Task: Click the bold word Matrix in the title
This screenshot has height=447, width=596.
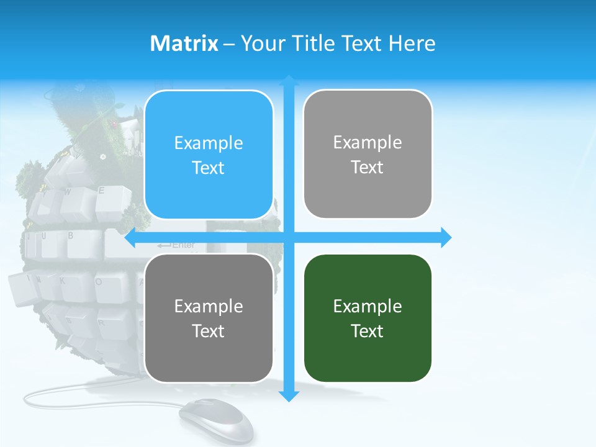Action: [184, 43]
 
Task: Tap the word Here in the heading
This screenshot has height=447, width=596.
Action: [412, 43]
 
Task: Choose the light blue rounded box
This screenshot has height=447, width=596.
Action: [209, 155]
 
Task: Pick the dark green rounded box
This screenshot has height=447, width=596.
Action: [368, 318]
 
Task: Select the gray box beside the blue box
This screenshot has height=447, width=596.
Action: [368, 154]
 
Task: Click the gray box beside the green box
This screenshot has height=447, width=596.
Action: [209, 318]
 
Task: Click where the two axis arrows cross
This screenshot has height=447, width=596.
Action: [288, 237]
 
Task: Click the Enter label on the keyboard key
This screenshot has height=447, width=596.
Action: [183, 245]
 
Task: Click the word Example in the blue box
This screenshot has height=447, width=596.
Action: [209, 143]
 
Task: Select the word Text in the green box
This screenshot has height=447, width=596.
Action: [368, 331]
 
